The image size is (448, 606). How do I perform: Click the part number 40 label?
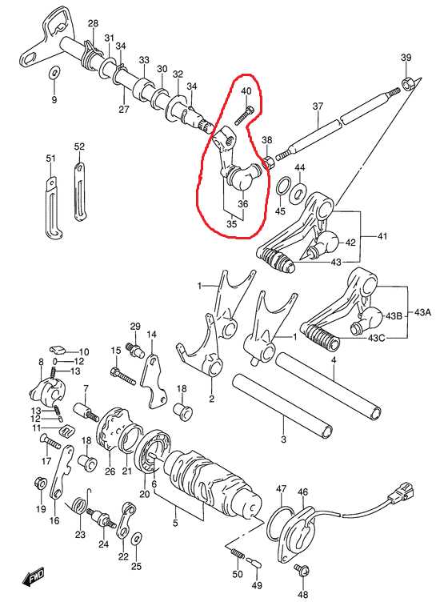coord(246,91)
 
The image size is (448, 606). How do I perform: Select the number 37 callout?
coord(318,106)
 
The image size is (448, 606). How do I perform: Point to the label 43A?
coord(422,312)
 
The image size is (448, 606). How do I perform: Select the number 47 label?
coord(281,488)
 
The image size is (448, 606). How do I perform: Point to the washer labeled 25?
coord(137,538)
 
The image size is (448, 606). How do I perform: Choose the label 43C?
coord(376,338)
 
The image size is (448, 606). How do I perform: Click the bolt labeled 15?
coord(123,376)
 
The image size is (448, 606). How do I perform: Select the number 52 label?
coord(78,146)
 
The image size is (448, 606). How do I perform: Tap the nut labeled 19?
coord(41,483)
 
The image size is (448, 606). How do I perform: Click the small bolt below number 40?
coord(244,115)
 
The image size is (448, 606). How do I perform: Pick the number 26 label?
coord(110,472)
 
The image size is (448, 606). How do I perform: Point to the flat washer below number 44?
coord(297,191)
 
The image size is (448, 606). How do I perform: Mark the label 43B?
coord(394,315)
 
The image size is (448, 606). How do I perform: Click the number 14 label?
coord(152,335)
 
